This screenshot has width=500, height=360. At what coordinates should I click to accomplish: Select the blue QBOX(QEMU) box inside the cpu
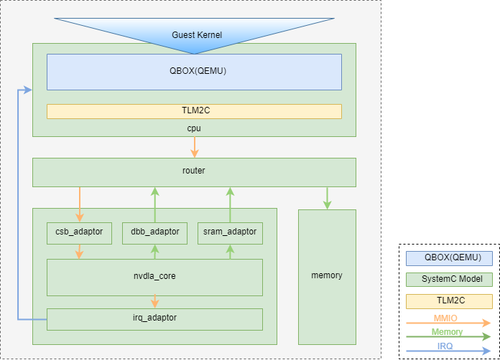point(194,72)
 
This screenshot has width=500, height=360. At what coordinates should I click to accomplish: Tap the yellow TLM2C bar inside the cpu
point(194,111)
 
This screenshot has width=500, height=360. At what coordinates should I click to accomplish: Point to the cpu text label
point(194,128)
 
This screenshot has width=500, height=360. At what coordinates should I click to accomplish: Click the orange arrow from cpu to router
point(194,147)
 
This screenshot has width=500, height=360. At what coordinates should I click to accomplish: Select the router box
point(194,172)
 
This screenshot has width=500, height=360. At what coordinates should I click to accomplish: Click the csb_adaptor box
point(79,232)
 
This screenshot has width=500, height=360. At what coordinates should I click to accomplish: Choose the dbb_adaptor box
point(154,232)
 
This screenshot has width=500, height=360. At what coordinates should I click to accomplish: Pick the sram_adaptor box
point(230,232)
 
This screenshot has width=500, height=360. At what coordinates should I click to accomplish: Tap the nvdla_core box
point(154,277)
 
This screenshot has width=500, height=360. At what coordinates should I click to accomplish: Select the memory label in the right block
point(327,275)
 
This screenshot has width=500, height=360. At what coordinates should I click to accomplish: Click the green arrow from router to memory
point(328,198)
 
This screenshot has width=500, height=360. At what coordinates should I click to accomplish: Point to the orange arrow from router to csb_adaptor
point(79,204)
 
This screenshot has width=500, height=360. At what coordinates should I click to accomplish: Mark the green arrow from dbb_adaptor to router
point(154,204)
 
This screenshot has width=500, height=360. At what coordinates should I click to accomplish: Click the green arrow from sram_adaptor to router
point(230,204)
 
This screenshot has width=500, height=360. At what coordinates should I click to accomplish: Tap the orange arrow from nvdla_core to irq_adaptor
point(154,302)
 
